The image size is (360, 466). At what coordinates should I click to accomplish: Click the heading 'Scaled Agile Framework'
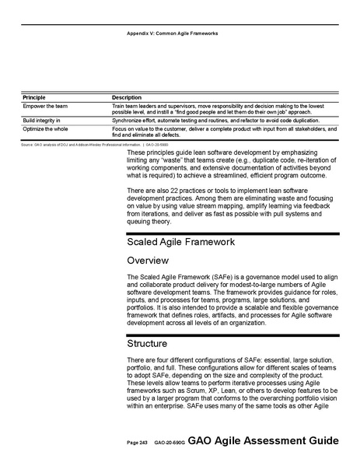pos(180,242)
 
